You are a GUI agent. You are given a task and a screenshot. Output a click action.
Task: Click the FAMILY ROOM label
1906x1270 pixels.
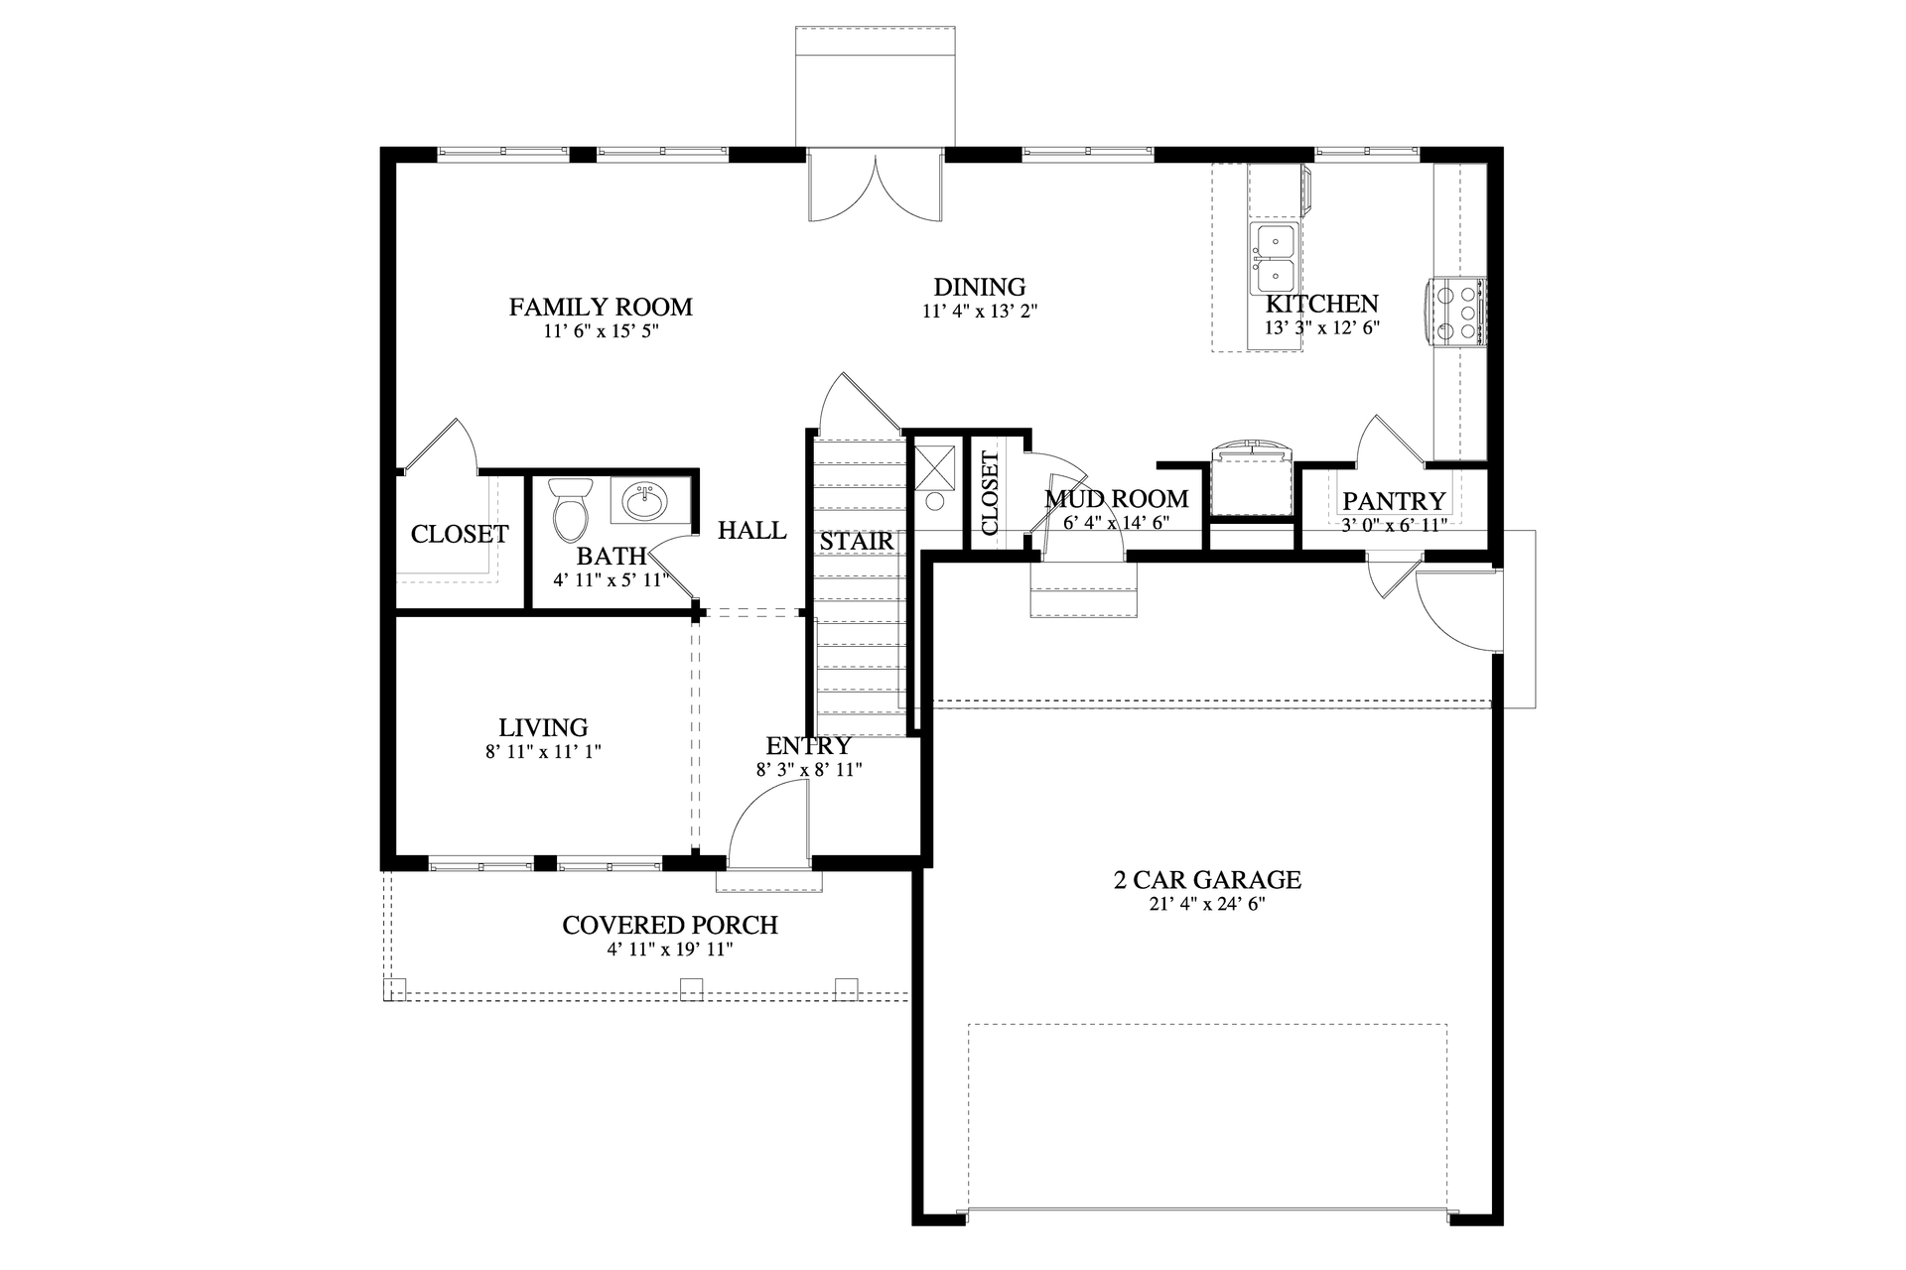point(600,308)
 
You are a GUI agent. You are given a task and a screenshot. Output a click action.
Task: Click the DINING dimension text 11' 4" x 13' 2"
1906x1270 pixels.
point(979,312)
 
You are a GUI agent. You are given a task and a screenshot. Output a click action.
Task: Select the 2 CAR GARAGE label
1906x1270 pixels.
point(1206,879)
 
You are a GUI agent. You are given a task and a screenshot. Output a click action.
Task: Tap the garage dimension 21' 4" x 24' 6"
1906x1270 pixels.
point(1206,904)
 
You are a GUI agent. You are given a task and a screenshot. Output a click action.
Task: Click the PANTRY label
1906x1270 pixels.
point(1394,501)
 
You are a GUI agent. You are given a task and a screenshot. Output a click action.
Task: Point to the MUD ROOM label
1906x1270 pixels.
point(1116,498)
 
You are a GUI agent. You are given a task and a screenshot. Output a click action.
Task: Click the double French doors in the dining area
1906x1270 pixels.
point(876,187)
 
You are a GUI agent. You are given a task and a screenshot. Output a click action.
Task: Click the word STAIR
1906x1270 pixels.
point(856,542)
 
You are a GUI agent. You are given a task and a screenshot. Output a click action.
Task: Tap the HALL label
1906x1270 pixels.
point(751,531)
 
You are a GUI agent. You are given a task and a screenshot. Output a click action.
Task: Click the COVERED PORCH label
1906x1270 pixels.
point(669,925)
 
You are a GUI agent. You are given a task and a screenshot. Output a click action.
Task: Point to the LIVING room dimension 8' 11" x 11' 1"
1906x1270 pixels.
point(543,752)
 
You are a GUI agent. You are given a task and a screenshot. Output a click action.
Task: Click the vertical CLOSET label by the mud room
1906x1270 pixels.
point(990,493)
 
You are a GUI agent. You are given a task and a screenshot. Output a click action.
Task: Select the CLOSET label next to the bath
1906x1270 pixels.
point(459,534)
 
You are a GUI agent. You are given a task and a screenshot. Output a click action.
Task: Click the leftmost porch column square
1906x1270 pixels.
point(395,989)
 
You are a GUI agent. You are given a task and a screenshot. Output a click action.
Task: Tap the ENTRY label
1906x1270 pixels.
point(808,745)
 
